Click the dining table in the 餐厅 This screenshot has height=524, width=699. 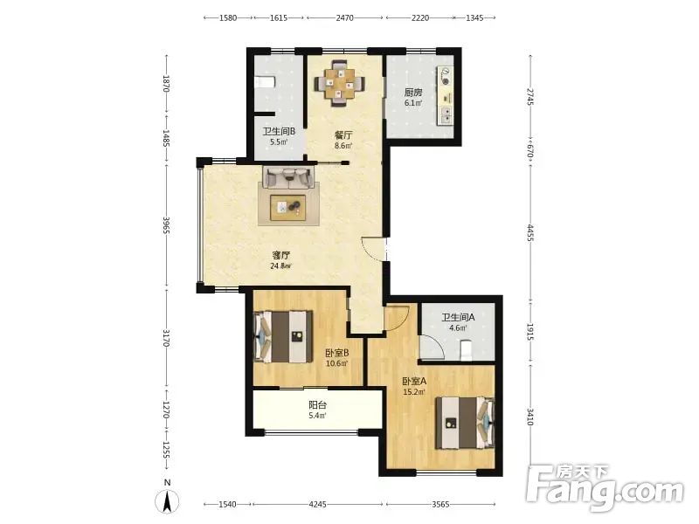coord(339,83)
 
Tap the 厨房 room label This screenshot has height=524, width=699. coord(413,93)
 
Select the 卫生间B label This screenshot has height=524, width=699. coord(279,132)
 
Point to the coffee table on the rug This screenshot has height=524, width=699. coord(288,207)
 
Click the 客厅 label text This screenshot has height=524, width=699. coord(281,255)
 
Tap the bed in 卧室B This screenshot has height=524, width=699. coord(282,337)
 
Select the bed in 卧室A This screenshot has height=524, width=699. coord(465,423)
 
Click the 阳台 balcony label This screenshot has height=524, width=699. coord(318,405)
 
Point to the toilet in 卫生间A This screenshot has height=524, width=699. coord(466,350)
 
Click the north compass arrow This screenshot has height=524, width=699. coord(167,502)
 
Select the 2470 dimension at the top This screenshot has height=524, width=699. coord(344,17)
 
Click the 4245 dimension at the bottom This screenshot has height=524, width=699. coord(317,505)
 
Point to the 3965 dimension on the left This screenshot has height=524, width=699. coord(166,225)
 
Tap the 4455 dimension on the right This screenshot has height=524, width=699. coord(530,232)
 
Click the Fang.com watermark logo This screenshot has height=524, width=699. coord(605,488)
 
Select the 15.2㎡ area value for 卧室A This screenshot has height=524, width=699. coord(413,392)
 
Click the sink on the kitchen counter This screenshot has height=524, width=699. coord(446,115)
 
